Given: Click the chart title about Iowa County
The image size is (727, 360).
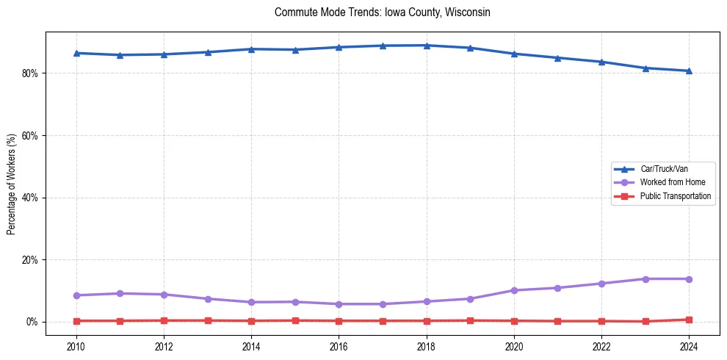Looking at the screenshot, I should tap(382, 12).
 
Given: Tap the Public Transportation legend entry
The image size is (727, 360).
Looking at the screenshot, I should tap(675, 196).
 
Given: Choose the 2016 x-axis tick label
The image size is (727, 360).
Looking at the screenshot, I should tap(339, 346).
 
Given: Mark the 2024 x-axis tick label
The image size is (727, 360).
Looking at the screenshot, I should tap(689, 346).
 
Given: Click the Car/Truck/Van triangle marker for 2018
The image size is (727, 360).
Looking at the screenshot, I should tap(427, 46).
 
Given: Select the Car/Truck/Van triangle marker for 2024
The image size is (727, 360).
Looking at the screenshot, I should tap(689, 71).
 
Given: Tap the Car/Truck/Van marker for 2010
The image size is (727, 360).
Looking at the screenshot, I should tap(76, 53).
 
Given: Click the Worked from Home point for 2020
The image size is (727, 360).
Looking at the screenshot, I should tap(514, 290).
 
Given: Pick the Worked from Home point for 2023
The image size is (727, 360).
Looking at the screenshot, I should tap(645, 279).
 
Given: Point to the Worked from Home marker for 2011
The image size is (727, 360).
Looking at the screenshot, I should tap(120, 294).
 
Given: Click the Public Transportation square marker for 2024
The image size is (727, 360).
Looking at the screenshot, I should tap(689, 320).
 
